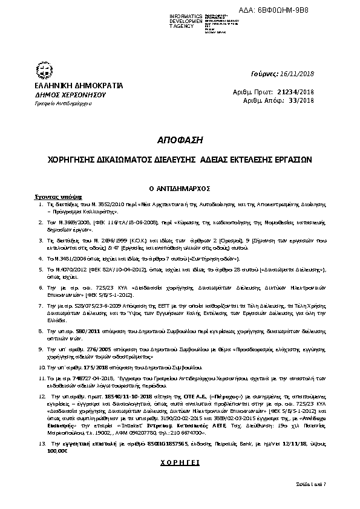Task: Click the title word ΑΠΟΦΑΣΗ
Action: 180,138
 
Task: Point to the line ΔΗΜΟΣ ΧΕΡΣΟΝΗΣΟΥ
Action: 63,96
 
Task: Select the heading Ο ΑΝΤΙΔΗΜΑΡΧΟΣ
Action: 180,189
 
